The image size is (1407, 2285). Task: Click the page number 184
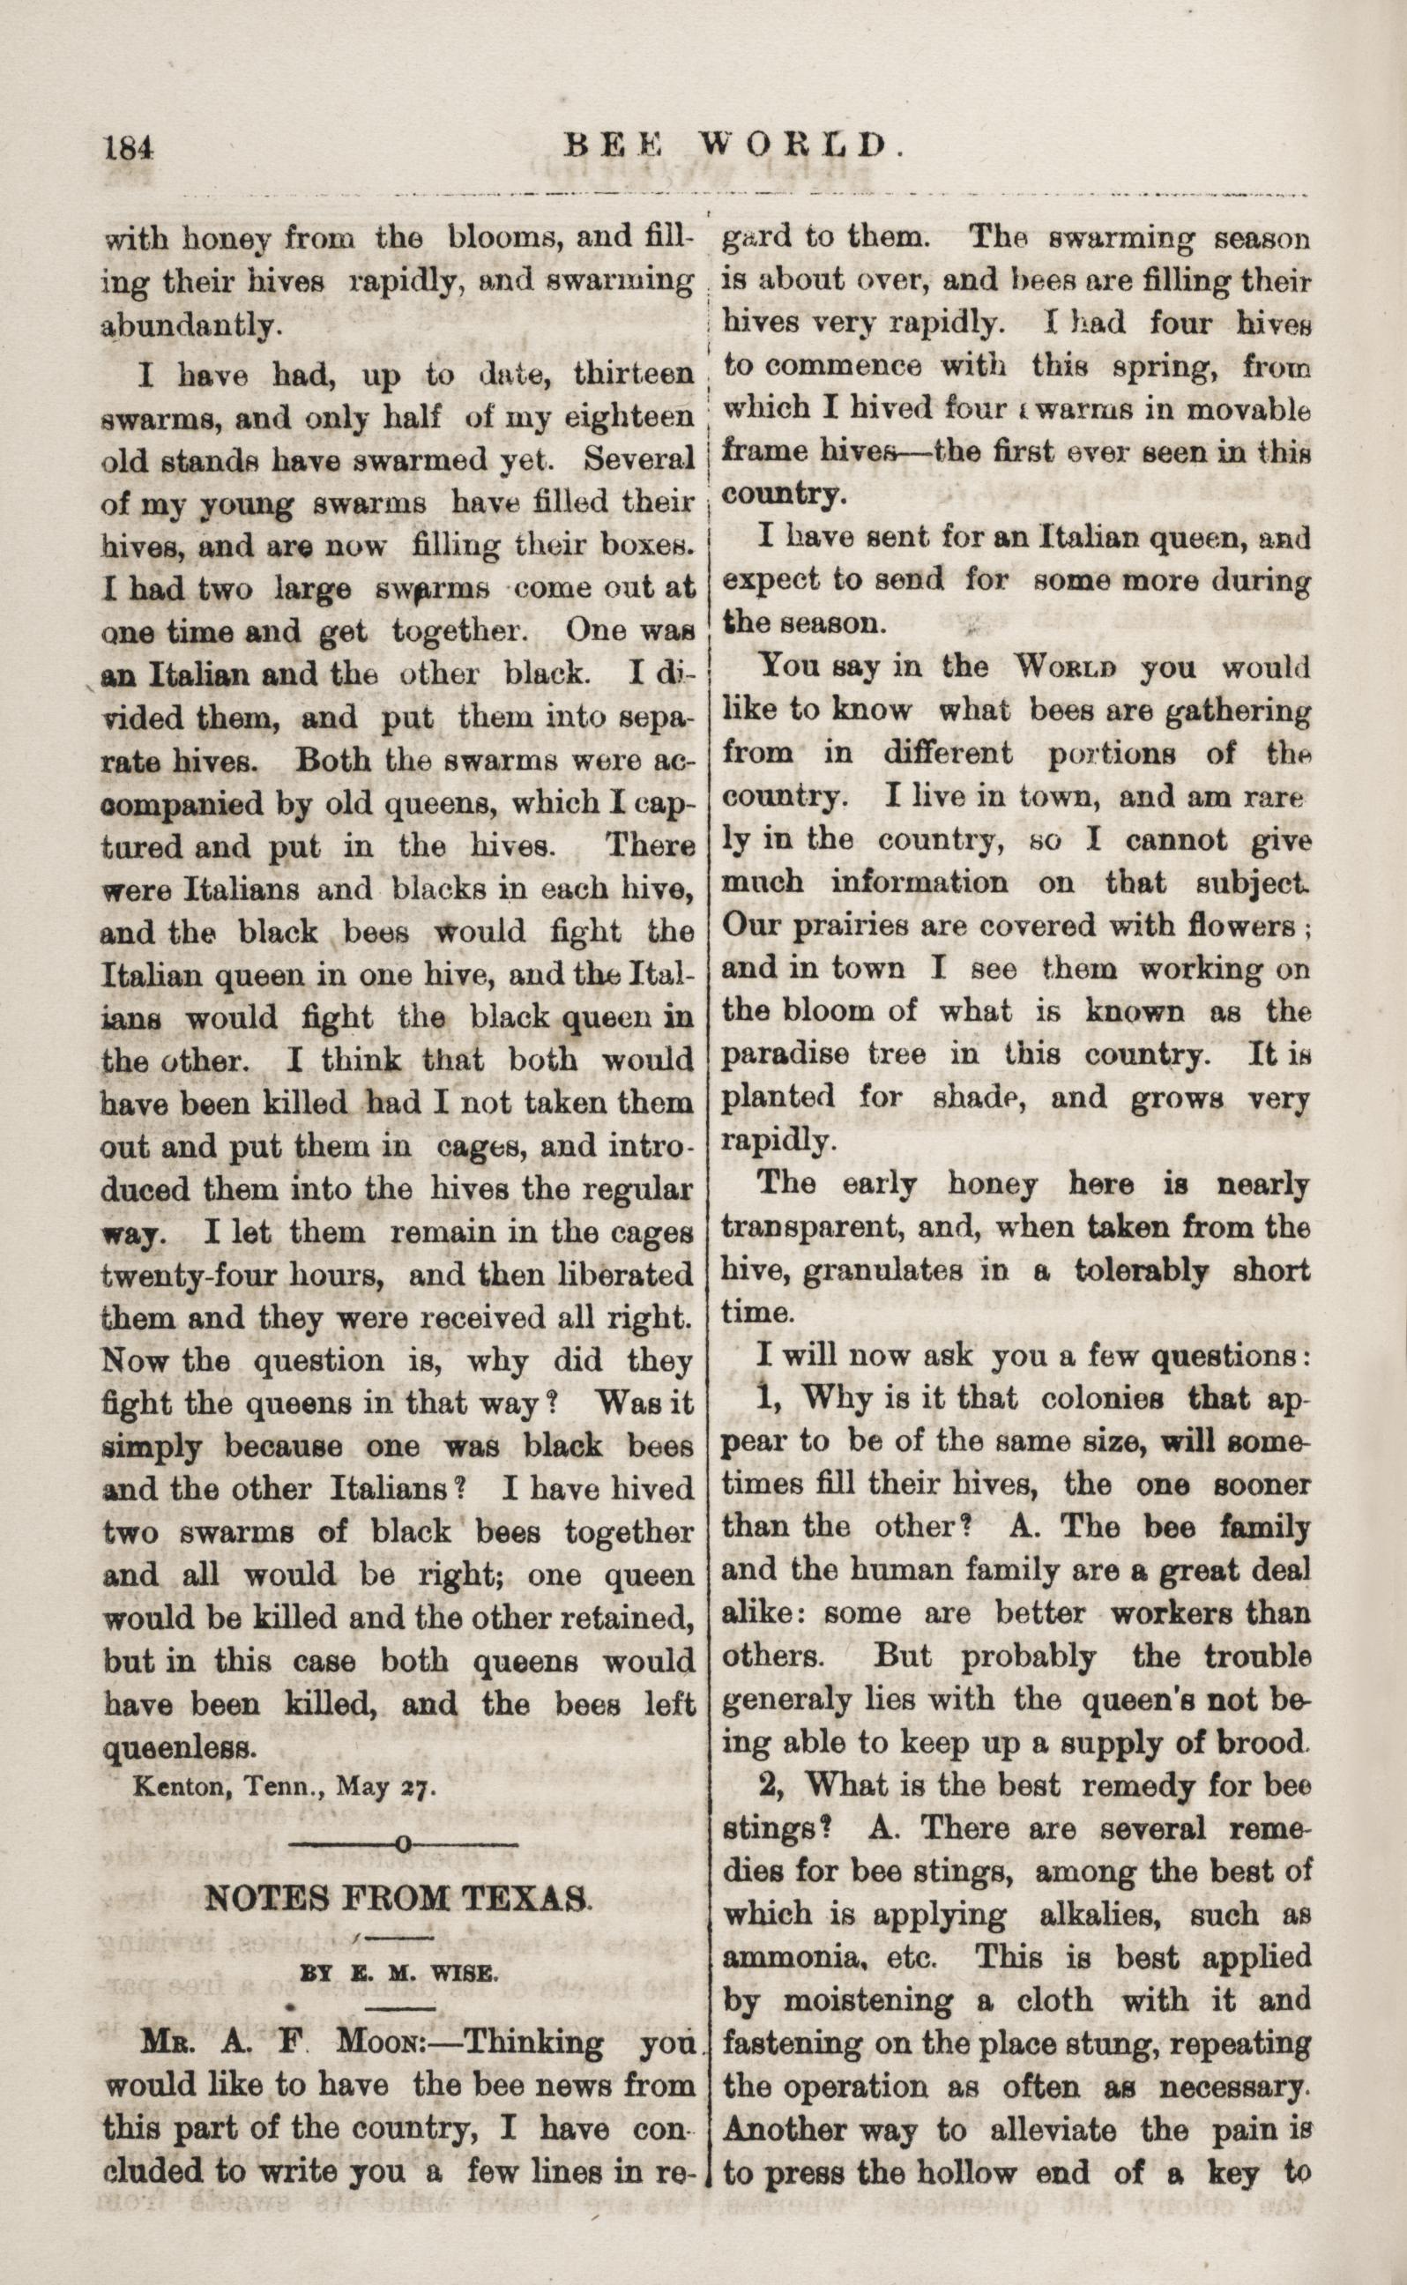tap(129, 148)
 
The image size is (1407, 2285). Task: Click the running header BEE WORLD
tap(734, 145)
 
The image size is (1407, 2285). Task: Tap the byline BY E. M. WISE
tap(399, 1972)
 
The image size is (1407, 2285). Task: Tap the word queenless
tap(178, 1747)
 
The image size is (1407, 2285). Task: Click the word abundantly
tap(189, 325)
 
